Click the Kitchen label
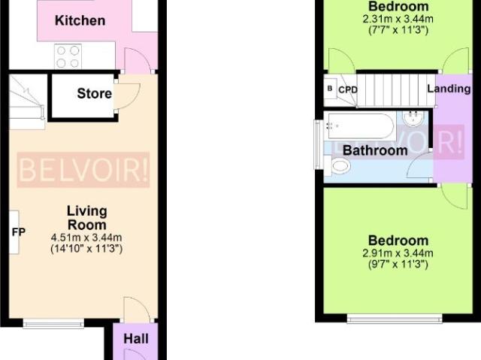[80, 20]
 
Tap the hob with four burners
[68, 56]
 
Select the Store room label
[94, 93]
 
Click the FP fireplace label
[18, 232]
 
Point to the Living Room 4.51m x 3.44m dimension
[86, 237]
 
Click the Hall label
[136, 339]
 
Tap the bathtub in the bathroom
[361, 126]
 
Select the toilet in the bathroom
[337, 166]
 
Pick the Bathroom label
[375, 150]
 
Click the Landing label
[449, 89]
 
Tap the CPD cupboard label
[348, 89]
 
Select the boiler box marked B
[330, 89]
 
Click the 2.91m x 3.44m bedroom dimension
[398, 253]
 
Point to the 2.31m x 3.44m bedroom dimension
[398, 19]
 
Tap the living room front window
[53, 323]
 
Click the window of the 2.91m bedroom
[395, 319]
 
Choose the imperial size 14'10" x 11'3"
[86, 248]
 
